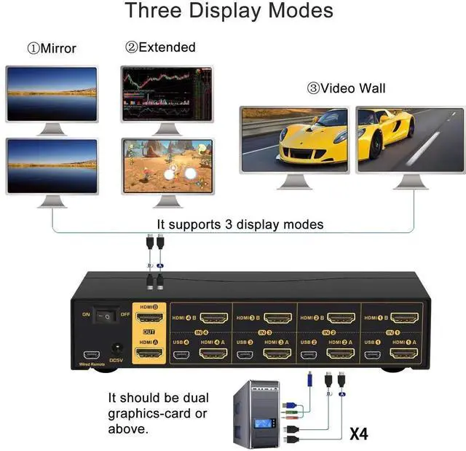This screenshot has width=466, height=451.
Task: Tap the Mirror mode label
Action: tap(52, 49)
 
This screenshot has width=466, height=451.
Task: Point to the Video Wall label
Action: tap(347, 89)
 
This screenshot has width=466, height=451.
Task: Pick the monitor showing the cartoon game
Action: tap(167, 165)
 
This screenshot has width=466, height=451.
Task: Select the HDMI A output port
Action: tap(150, 354)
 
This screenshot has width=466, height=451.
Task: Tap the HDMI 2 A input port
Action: tap(340, 355)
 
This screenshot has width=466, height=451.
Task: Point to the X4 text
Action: tap(358, 434)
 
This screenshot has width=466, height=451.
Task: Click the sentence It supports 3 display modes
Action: tap(240, 224)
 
